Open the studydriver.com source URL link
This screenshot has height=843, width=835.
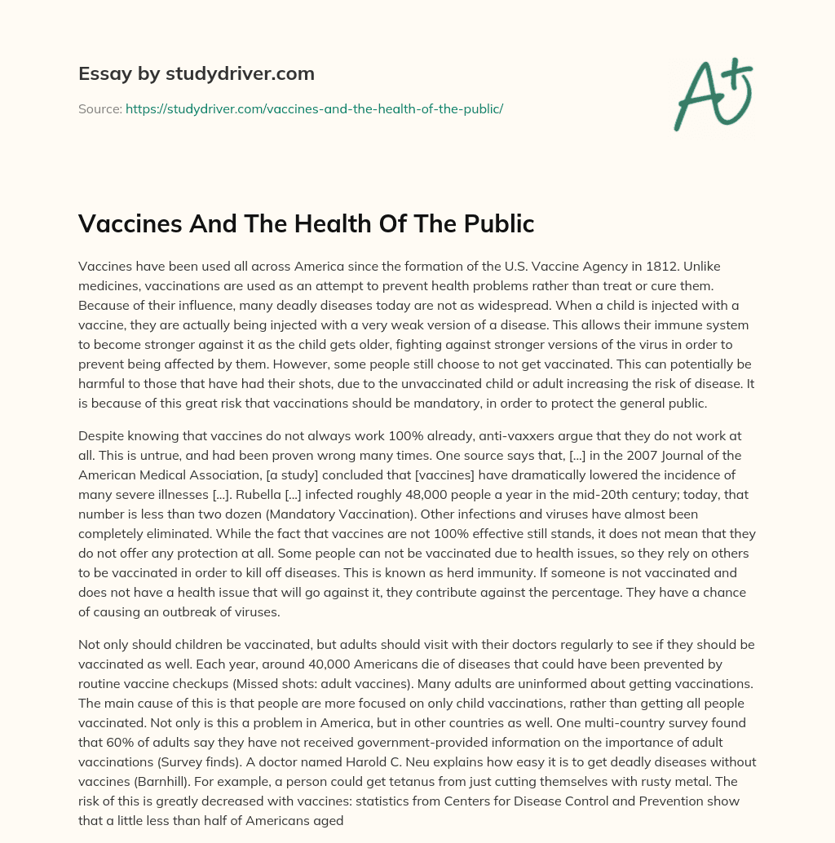(x=314, y=108)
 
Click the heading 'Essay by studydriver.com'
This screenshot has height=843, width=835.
(x=197, y=73)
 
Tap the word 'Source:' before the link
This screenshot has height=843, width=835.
(x=99, y=108)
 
